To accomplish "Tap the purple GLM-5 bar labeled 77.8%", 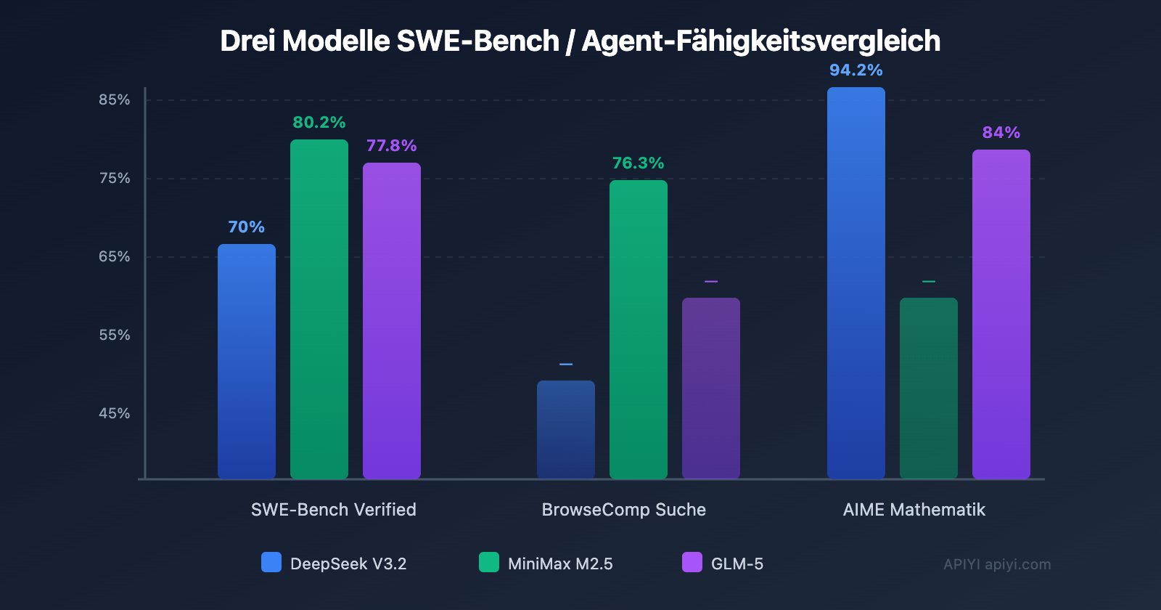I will tap(392, 320).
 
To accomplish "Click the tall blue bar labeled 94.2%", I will tap(856, 282).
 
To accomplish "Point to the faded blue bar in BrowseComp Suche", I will tap(566, 429).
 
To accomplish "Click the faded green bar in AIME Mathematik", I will tap(929, 388).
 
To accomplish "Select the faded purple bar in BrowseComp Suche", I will tap(711, 388).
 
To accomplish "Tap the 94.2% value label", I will tap(856, 70).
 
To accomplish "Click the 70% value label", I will tap(247, 227).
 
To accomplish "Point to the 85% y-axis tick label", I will tap(115, 99).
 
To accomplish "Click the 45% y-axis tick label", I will tap(115, 413).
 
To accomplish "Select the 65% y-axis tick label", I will tap(115, 256).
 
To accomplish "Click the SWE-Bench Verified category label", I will tap(334, 510).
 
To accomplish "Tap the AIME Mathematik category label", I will tap(914, 510).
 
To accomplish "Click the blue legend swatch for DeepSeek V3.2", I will tap(271, 562).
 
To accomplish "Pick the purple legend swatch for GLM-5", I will tap(692, 562).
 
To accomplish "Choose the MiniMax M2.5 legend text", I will tap(560, 564).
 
